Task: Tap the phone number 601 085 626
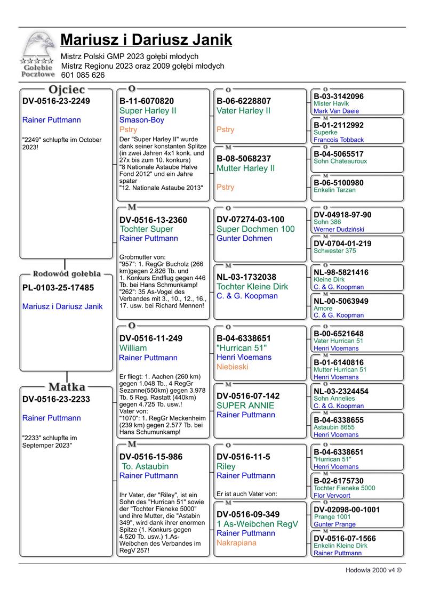[x=83, y=75]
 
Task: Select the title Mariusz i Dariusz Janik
[x=146, y=40]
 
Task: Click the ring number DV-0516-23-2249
[x=56, y=101]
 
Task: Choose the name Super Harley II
[x=148, y=111]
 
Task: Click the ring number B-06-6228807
[x=244, y=101]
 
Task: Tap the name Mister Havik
[x=331, y=103]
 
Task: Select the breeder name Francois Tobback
[x=339, y=140]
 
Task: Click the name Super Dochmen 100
[x=255, y=229]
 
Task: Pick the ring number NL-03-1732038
[x=246, y=277]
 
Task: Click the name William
[x=133, y=348]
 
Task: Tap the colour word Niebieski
[x=233, y=367]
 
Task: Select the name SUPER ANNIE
[x=245, y=406]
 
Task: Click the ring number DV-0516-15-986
[x=151, y=457]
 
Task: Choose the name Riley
[x=226, y=466]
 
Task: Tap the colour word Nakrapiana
[x=236, y=543]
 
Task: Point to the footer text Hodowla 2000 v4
[x=373, y=570]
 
